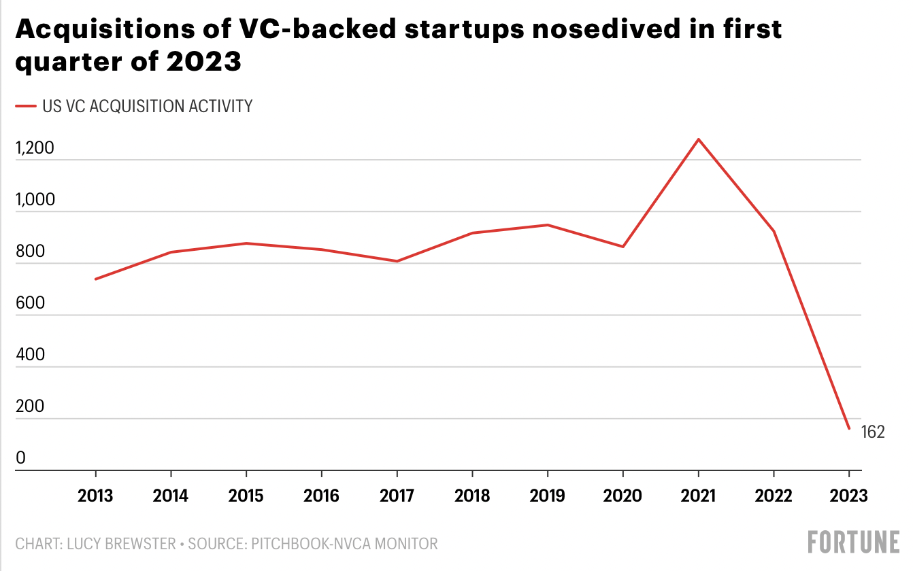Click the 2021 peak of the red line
tap(698, 139)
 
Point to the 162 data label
tap(873, 432)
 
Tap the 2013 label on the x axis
tap(95, 496)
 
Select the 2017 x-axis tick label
tap(397, 496)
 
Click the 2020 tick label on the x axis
tap(622, 496)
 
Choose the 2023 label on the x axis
tap(848, 496)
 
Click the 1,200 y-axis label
tap(34, 149)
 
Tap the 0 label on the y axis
tap(20, 459)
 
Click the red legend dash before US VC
tap(26, 106)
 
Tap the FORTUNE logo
tap(853, 542)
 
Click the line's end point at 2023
tap(848, 428)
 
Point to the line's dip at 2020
tap(622, 246)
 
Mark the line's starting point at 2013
tap(95, 279)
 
